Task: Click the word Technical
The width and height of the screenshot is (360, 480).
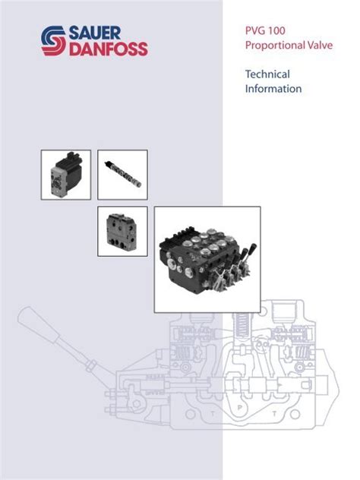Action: pyautogui.click(x=267, y=74)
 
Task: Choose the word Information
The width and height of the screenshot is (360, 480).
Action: pyautogui.click(x=273, y=89)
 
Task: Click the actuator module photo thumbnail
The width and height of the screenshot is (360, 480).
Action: pyautogui.click(x=65, y=175)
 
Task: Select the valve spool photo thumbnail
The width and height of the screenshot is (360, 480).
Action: pyautogui.click(x=122, y=175)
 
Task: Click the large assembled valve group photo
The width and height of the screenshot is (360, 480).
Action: pyautogui.click(x=207, y=259)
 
